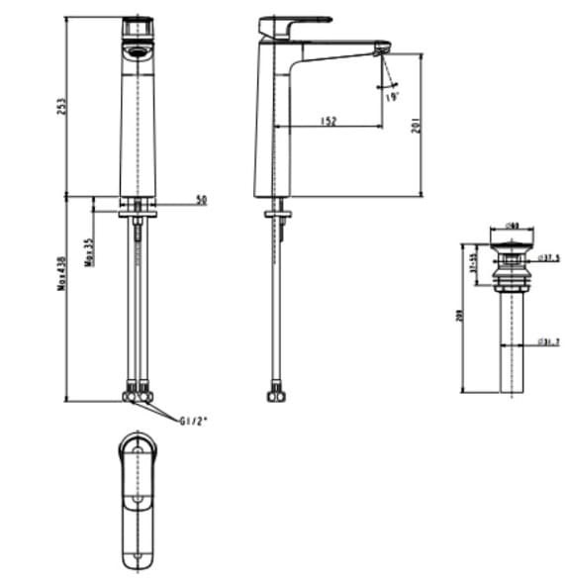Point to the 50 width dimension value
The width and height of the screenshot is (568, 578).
[x=201, y=200]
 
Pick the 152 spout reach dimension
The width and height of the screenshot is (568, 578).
[x=329, y=121]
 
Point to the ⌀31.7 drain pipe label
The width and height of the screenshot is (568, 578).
[x=550, y=343]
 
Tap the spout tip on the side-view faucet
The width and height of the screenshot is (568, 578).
[x=381, y=49]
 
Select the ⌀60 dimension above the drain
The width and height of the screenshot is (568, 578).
[x=513, y=225]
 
